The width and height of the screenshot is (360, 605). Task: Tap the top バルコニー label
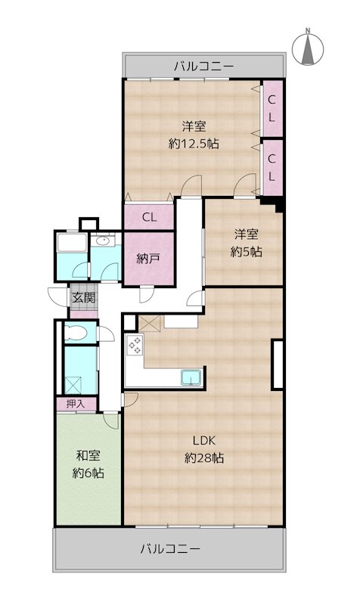(x=203, y=67)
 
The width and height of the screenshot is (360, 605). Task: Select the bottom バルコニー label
(x=170, y=548)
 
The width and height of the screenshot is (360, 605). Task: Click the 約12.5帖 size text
(x=194, y=144)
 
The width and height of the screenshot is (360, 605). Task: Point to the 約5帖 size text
(x=246, y=252)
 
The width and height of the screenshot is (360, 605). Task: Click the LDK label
(x=204, y=440)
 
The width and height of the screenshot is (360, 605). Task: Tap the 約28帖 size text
(x=204, y=458)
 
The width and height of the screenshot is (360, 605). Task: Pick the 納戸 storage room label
(x=148, y=259)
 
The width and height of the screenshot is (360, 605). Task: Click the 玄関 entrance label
(x=84, y=297)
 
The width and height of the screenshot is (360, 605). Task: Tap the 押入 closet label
(x=75, y=404)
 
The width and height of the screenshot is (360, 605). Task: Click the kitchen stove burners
(x=135, y=346)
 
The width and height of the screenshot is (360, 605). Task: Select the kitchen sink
(x=192, y=377)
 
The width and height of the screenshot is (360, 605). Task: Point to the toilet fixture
(x=75, y=332)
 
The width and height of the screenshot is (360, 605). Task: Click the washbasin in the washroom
(x=104, y=241)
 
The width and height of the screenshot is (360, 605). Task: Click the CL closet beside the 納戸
(x=149, y=216)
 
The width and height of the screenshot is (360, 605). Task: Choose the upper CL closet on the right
(x=273, y=108)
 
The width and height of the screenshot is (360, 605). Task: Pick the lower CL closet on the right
(x=273, y=167)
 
